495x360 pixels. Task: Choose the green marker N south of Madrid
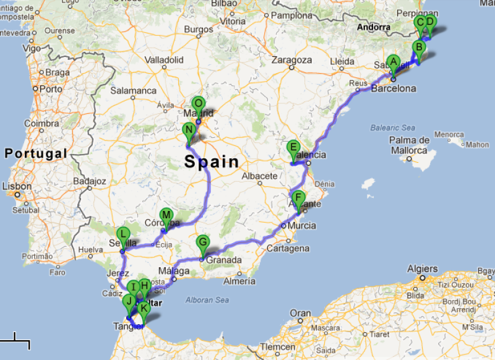click(x=189, y=131)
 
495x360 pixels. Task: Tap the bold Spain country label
click(x=212, y=162)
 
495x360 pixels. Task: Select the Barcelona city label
click(x=394, y=88)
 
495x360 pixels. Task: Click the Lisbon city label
click(x=17, y=186)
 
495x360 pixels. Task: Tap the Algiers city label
click(x=423, y=269)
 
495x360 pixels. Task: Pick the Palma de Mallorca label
click(x=410, y=145)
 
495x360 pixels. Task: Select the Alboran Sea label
click(x=206, y=301)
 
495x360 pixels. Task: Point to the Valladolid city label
click(x=164, y=60)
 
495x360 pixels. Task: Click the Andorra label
click(x=374, y=27)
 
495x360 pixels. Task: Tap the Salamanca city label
click(x=134, y=90)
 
